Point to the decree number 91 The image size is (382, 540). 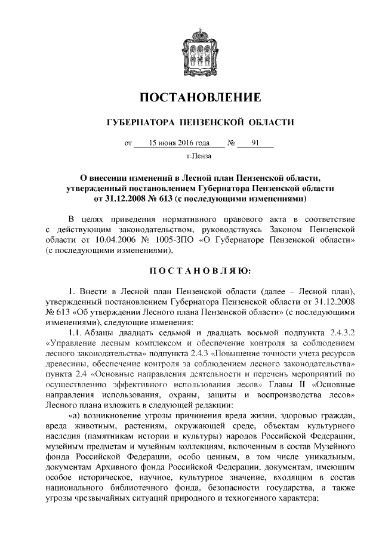tap(255, 143)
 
